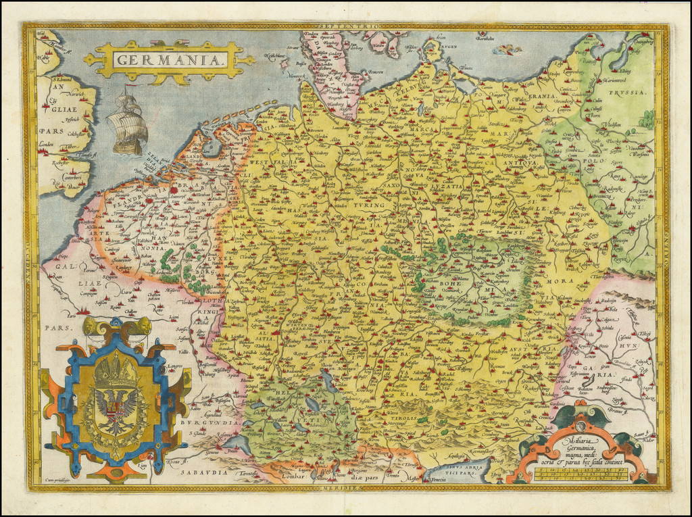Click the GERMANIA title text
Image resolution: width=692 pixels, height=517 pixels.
pyautogui.click(x=170, y=59)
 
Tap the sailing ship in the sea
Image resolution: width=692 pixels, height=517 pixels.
pyautogui.click(x=128, y=124)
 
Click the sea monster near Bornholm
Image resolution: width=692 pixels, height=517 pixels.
pyautogui.click(x=508, y=49)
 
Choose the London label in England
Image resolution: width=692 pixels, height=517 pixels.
pyautogui.click(x=47, y=144)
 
